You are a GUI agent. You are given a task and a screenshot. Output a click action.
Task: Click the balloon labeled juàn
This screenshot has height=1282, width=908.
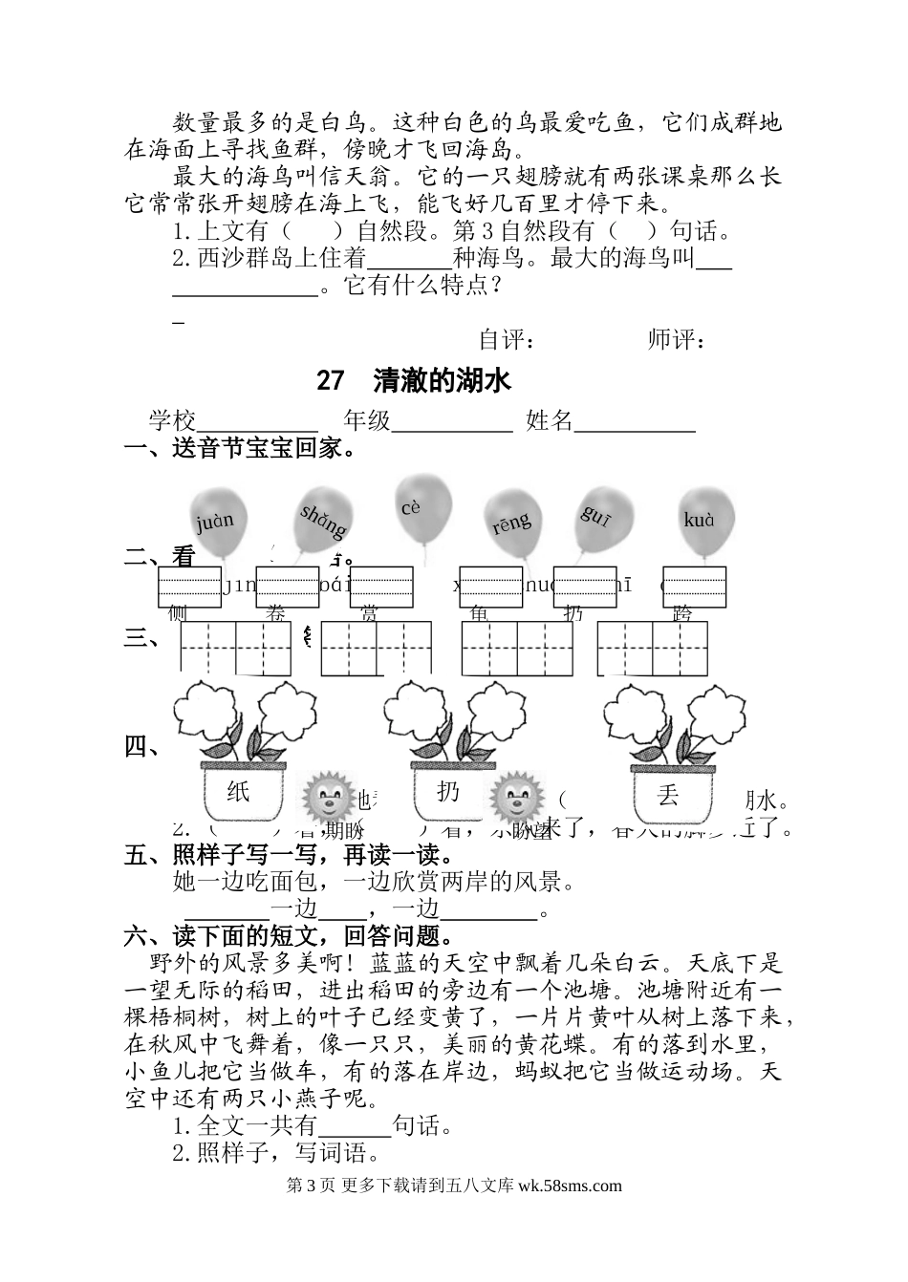click(217, 521)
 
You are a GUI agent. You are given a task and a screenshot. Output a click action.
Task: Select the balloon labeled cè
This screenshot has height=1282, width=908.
click(421, 506)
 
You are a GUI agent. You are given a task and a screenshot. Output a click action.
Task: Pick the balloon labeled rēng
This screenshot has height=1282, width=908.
click(512, 522)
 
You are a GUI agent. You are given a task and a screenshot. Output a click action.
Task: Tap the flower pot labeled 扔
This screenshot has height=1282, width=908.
click(449, 792)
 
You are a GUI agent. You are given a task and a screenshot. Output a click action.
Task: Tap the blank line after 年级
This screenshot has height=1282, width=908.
click(453, 422)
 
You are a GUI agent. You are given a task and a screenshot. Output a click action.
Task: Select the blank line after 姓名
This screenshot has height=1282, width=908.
click(635, 422)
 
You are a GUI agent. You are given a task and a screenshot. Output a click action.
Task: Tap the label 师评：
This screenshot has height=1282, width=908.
click(677, 339)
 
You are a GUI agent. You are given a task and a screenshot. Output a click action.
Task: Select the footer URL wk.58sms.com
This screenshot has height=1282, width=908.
click(570, 1186)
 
